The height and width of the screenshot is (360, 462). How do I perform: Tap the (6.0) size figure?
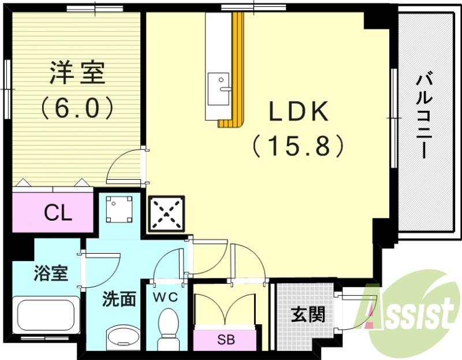click(76, 107)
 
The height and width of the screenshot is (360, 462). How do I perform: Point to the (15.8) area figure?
click(299, 146)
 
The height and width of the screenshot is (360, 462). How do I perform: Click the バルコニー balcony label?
click(426, 116)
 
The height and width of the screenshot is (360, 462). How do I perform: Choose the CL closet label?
click(58, 214)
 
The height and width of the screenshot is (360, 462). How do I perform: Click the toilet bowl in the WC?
click(169, 326)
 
